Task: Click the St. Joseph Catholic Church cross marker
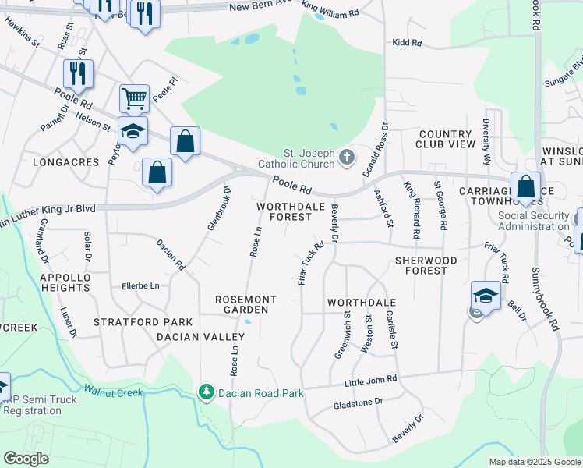pyautogui.click(x=347, y=158)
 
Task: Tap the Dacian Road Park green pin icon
pyautogui.click(x=207, y=392)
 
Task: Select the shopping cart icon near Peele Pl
pyautogui.click(x=134, y=98)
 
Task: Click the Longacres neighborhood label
pyautogui.click(x=66, y=162)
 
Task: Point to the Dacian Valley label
pyautogui.click(x=200, y=337)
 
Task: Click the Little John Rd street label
pyautogui.click(x=371, y=380)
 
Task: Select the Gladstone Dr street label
pyautogui.click(x=359, y=402)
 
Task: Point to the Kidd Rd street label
pyautogui.click(x=407, y=43)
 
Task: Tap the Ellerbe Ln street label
pyautogui.click(x=140, y=286)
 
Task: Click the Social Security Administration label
pyautogui.click(x=534, y=221)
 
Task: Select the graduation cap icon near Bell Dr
pyautogui.click(x=486, y=296)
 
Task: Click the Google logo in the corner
pyautogui.click(x=26, y=459)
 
